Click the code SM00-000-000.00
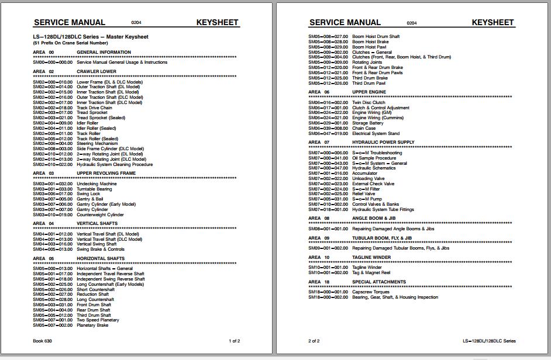coord(53,62)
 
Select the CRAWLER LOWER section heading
coord(96,71)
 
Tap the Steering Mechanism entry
coord(97,144)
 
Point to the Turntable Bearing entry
coord(94,189)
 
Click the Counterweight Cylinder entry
coord(100,214)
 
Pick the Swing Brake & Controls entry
coord(101,249)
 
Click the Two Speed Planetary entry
coord(98,320)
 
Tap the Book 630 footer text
coord(43,341)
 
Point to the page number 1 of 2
coord(234,341)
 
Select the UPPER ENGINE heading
coord(369,92)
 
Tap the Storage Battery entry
coord(368,123)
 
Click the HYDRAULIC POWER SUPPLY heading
coord(383,142)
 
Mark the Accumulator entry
coord(365,174)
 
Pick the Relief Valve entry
coord(364,194)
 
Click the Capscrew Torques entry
coord(371,292)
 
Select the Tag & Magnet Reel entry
coord(371,272)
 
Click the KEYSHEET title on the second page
coord(493,23)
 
